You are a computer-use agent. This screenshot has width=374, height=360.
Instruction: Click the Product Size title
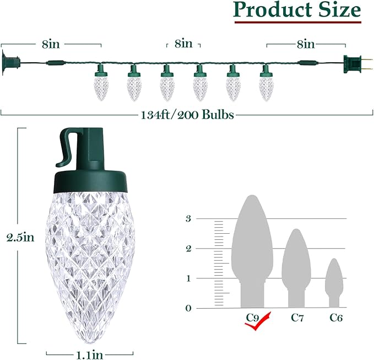(x=297, y=10)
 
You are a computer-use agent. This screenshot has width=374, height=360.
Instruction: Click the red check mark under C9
(x=260, y=320)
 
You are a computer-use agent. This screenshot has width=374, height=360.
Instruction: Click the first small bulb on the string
(x=100, y=83)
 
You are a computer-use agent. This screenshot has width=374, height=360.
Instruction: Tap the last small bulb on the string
(x=266, y=83)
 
